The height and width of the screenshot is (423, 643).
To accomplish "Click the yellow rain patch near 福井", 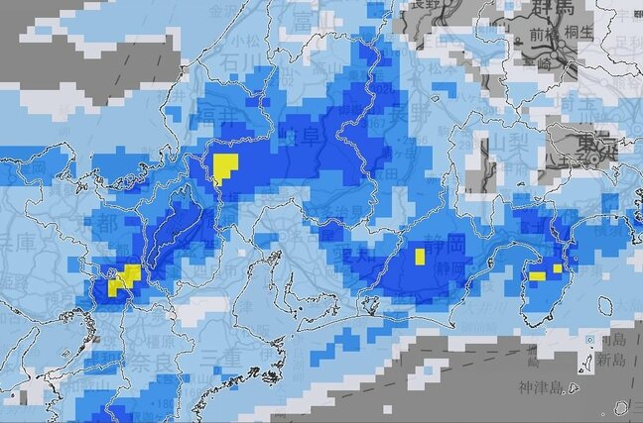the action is (225, 166).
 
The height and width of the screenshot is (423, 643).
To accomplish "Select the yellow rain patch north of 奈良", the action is (123, 279).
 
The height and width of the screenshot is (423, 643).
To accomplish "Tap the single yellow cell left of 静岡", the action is (420, 257).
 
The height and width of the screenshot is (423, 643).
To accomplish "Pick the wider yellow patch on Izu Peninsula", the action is (537, 275).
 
